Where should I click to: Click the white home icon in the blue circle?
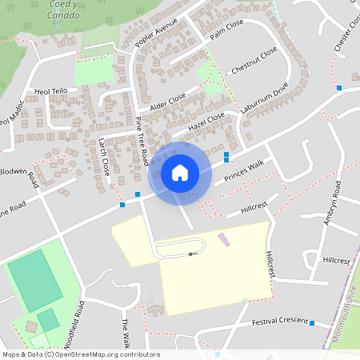180,172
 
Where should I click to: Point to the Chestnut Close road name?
254,62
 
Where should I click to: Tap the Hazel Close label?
206,122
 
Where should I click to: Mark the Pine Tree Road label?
142,141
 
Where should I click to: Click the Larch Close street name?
104,157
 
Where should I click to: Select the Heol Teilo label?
50,92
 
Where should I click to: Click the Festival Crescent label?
279,321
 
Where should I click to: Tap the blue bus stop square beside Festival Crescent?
312,324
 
